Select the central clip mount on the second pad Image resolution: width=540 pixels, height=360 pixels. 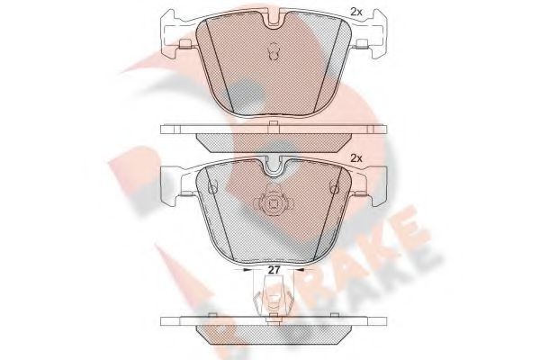pyautogui.click(x=271, y=205)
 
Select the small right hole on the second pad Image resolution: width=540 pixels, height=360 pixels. pyautogui.click(x=333, y=188)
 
